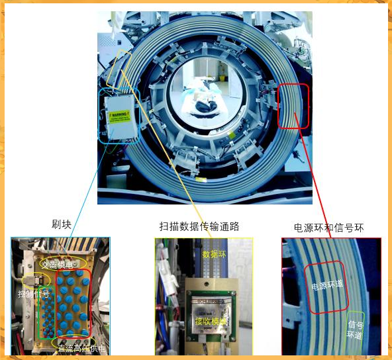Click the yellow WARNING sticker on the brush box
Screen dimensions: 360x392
pyautogui.click(x=119, y=116)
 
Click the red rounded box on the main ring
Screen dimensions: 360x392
pyautogui.click(x=293, y=106)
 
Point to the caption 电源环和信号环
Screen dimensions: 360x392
pyautogui.click(x=329, y=228)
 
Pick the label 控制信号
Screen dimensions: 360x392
pyautogui.click(x=34, y=293)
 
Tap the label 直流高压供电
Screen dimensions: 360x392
pyautogui.click(x=81, y=347)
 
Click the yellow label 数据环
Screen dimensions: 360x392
pyautogui.click(x=215, y=253)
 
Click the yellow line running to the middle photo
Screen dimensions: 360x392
pyautogui.click(x=172, y=152)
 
